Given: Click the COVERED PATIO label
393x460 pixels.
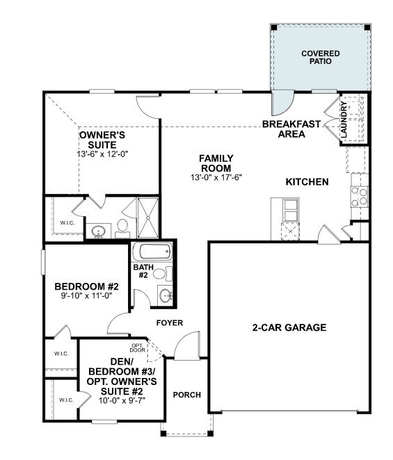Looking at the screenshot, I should click(x=321, y=57).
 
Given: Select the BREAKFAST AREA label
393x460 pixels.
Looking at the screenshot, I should click(x=291, y=129).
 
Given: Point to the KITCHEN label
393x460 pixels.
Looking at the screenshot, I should click(x=307, y=182).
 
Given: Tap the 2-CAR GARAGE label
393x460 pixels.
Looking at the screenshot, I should click(x=289, y=327).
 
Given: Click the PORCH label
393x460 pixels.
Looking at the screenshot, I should click(x=186, y=395).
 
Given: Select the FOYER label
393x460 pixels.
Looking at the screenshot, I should click(x=169, y=322).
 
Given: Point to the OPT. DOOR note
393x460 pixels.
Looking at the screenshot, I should click(x=137, y=348).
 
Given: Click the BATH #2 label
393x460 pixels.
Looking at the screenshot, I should click(x=141, y=270).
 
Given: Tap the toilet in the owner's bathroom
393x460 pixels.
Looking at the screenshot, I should click(x=122, y=226).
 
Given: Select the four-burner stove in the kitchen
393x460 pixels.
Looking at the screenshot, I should click(x=360, y=197).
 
